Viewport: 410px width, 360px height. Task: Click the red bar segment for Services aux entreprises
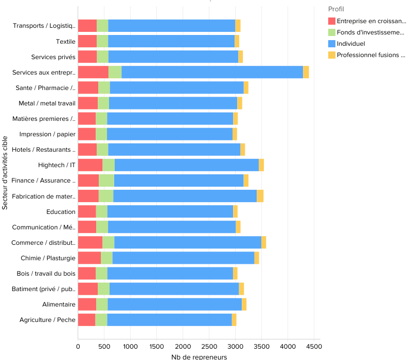point(93,73)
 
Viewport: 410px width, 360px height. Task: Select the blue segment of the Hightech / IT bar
point(187,165)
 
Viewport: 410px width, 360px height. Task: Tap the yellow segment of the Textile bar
point(237,42)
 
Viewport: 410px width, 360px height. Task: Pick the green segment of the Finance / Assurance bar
point(106,181)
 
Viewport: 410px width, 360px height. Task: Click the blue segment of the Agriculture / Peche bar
point(169,320)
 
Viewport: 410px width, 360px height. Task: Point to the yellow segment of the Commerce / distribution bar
point(263,242)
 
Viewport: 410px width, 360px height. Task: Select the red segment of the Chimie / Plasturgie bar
point(90,258)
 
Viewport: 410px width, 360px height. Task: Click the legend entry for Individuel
point(351,43)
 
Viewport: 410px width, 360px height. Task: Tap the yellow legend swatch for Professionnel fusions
point(332,55)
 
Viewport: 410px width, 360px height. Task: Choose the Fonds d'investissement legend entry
point(370,32)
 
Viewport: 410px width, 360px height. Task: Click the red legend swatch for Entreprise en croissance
point(332,21)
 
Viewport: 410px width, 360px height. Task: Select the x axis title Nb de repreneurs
point(199,356)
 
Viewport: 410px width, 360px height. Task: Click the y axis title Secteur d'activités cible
point(5,173)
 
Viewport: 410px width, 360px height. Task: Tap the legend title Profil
point(336,9)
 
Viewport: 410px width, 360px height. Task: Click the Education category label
point(61,211)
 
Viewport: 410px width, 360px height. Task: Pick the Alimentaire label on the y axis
point(59,304)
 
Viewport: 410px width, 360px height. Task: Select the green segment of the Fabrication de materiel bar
point(105,196)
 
